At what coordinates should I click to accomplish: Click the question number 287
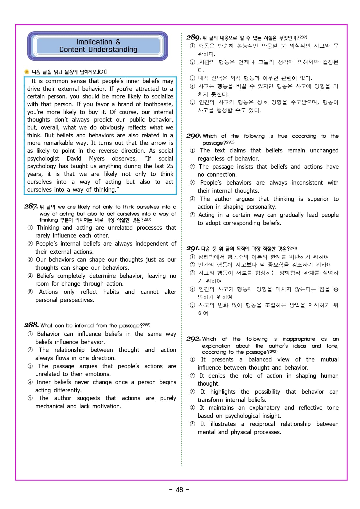point(31,206)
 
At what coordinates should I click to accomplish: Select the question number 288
point(31,325)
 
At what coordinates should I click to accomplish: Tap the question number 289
point(194,37)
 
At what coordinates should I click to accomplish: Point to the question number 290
point(194,136)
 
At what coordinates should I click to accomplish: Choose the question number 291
point(193,249)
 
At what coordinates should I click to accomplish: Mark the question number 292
point(194,339)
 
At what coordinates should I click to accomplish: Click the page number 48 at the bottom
point(179,490)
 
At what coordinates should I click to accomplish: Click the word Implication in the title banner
point(94,42)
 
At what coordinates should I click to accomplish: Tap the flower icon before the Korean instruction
point(27,72)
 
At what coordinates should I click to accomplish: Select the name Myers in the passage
point(97,159)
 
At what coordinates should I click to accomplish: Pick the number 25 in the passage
point(170,166)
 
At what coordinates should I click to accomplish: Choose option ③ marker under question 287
point(30,260)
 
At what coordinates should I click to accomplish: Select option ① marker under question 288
point(30,334)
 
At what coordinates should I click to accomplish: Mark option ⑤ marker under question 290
point(192,215)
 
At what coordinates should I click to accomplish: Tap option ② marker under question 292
point(192,376)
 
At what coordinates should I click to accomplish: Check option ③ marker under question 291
point(192,273)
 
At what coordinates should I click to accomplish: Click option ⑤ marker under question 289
point(192,102)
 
